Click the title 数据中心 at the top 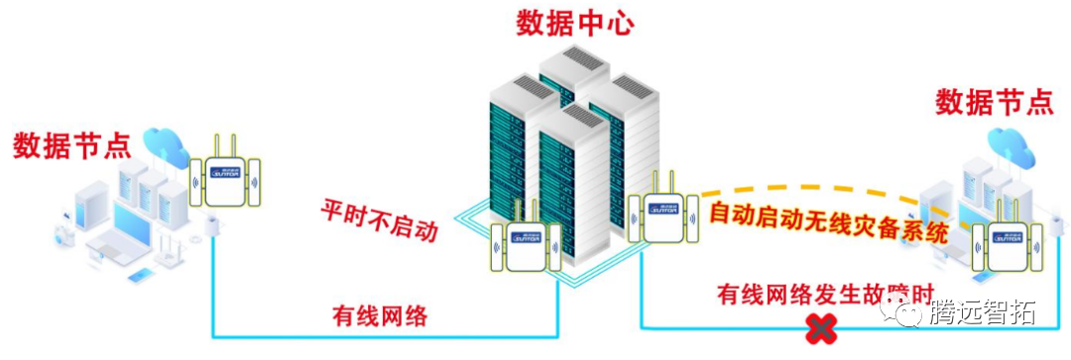pos(575,24)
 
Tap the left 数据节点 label pos(71,146)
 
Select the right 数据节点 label pos(995,101)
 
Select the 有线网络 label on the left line pos(380,316)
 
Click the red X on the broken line pos(820,329)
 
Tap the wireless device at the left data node pos(225,176)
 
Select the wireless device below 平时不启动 pos(526,244)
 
